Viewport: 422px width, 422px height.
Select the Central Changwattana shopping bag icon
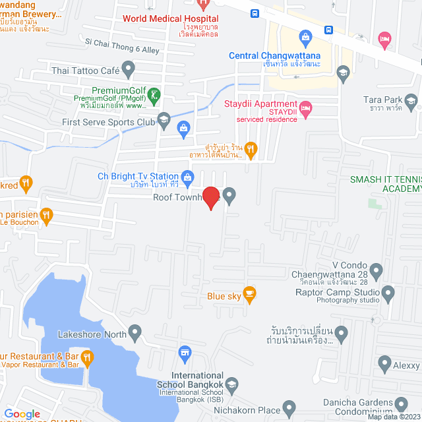(x=304, y=36)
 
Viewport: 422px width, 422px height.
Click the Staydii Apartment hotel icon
(x=305, y=107)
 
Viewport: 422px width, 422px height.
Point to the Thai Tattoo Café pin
(x=129, y=68)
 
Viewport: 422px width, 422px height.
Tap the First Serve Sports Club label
(x=108, y=122)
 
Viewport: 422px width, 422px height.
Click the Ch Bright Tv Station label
(x=138, y=176)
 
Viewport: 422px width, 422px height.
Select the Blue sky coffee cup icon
(x=249, y=293)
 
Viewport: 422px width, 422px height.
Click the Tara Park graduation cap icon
(x=411, y=100)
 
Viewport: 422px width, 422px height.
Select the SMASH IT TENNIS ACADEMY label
(x=386, y=183)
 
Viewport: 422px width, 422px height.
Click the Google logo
(x=22, y=414)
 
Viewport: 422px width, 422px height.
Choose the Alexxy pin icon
(x=385, y=362)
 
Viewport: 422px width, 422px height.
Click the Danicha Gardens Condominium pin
(x=400, y=403)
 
